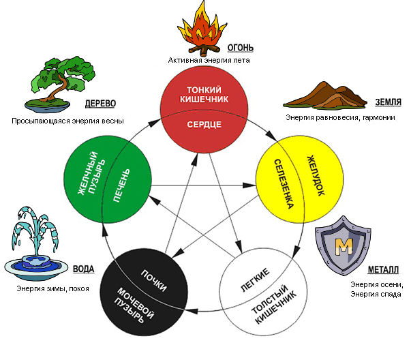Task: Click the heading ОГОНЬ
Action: pos(241,48)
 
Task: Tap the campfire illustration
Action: pos(201,29)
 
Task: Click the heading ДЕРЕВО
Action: pos(101,104)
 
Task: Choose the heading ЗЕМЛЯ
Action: pos(388,103)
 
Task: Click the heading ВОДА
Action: pos(82,269)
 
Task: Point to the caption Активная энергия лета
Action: pos(209,60)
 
